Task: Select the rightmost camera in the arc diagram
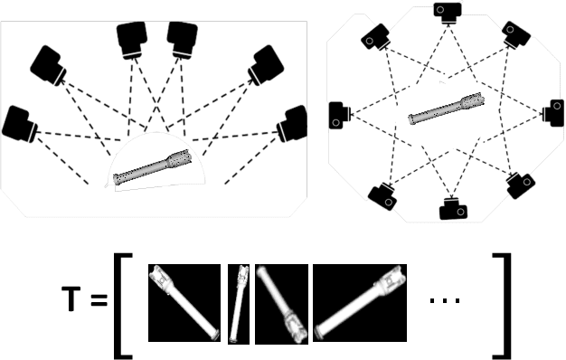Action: pos(295,123)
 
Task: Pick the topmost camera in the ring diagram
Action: pos(448,11)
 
